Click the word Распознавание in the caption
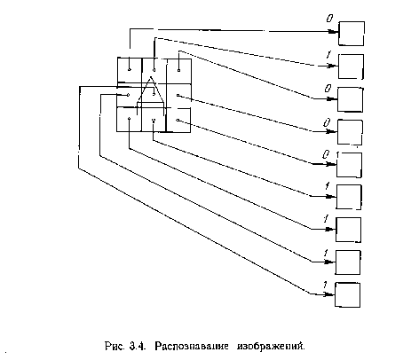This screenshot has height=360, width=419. (x=192, y=346)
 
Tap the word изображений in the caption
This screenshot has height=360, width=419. (x=271, y=346)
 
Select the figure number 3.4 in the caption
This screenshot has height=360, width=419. (x=138, y=346)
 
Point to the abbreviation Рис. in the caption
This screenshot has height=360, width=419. (x=115, y=346)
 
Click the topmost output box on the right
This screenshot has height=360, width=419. (x=352, y=34)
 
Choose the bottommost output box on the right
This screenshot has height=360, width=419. (x=347, y=295)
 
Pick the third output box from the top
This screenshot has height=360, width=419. (x=351, y=99)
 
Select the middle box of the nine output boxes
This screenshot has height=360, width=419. (x=349, y=165)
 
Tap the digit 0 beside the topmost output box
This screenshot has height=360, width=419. (x=329, y=19)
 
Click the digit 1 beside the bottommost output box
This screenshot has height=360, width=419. (x=325, y=285)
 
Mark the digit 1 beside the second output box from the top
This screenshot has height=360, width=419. (x=328, y=55)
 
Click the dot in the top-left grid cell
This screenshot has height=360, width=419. (x=130, y=70)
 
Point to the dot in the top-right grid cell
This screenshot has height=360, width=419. (x=178, y=70)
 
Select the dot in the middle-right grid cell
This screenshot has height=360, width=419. (x=178, y=95)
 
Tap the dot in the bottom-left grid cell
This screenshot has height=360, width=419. (x=129, y=119)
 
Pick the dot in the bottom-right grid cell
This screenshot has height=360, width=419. (x=178, y=120)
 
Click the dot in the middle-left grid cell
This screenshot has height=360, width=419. (x=128, y=95)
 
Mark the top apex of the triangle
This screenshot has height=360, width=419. (x=151, y=77)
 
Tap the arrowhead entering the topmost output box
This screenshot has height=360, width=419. (x=334, y=32)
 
